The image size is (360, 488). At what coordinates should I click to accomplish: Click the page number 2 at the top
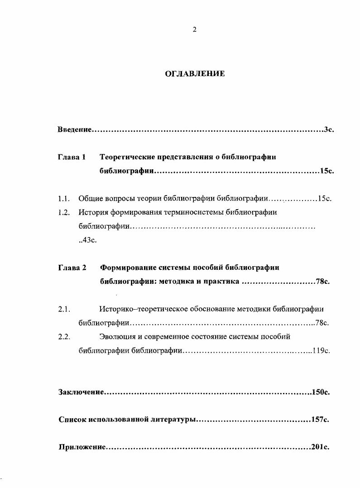[194, 30]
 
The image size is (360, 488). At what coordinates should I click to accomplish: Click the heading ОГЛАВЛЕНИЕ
[195, 73]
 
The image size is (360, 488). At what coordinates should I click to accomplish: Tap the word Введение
[75, 130]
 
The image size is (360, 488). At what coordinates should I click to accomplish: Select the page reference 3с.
[329, 130]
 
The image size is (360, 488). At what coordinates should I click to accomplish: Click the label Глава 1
[72, 157]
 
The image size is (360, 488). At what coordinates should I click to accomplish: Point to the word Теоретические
[127, 157]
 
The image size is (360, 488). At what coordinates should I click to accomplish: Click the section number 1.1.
[63, 198]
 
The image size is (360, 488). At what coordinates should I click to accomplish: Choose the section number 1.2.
[63, 212]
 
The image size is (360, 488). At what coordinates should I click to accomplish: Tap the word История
[93, 212]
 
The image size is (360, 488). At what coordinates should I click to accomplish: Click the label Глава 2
[72, 268]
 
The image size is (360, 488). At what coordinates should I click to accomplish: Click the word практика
[221, 281]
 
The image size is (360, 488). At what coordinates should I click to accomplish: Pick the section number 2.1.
[63, 310]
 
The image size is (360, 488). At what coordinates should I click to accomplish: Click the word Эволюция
[118, 337]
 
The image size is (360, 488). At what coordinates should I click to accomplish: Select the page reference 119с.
[322, 350]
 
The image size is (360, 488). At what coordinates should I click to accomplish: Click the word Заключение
[81, 392]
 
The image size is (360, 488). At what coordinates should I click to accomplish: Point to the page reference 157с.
[320, 420]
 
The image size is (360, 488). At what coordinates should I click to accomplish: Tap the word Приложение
[82, 447]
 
